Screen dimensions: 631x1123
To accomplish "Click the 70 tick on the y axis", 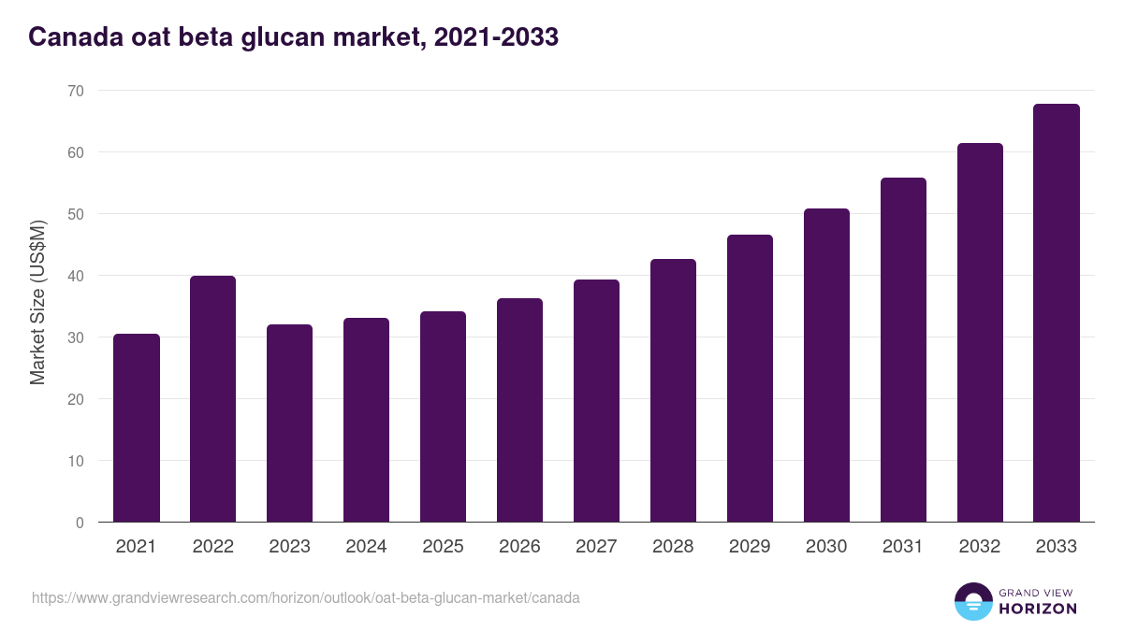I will point(75,91).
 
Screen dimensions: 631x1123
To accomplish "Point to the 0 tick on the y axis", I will point(80,523).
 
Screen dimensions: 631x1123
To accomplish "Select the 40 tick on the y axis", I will point(75,276).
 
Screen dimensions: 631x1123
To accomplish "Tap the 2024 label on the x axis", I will point(366,547).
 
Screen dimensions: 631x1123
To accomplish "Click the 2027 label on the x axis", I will point(596,547).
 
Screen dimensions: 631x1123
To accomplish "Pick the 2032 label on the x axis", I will point(980,547).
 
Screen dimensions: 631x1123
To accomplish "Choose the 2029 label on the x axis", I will point(750,547).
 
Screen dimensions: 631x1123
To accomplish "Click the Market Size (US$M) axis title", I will point(37,302).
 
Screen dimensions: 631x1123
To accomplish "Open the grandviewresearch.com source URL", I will point(306,597).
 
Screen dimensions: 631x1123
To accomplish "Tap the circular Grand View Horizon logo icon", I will point(973,601).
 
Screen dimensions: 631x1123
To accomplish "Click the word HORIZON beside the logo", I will point(1037,609).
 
